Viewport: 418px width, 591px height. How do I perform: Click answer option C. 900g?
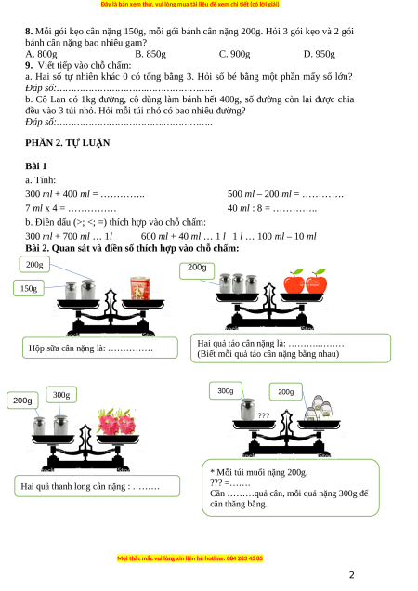point(234,54)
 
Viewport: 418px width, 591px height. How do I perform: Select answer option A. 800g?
point(41,54)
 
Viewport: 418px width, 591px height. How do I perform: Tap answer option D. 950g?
point(320,54)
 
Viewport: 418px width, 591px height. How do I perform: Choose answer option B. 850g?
point(150,54)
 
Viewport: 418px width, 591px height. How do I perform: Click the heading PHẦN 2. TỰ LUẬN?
point(68,142)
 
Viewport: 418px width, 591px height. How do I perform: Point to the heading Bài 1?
point(36,165)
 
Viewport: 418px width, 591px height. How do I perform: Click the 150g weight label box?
point(29,288)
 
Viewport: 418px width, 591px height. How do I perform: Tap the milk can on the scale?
point(140,288)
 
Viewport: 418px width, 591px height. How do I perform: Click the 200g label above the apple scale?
point(197,270)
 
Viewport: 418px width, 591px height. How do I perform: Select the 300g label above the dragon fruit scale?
point(61,395)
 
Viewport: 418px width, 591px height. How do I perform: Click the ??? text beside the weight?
point(264,415)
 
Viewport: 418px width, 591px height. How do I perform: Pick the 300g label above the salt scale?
point(226,391)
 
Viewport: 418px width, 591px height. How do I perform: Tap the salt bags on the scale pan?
point(320,408)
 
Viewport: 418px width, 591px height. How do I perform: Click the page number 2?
point(352,575)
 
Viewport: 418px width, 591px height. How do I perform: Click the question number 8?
point(29,32)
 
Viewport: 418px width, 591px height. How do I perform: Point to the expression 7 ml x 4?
point(42,208)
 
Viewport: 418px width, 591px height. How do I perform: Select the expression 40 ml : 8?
point(244,208)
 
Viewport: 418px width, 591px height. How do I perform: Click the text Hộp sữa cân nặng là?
point(67,348)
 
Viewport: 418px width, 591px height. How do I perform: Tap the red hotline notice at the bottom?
point(190,558)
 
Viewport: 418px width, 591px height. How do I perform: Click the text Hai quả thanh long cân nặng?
point(73,486)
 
